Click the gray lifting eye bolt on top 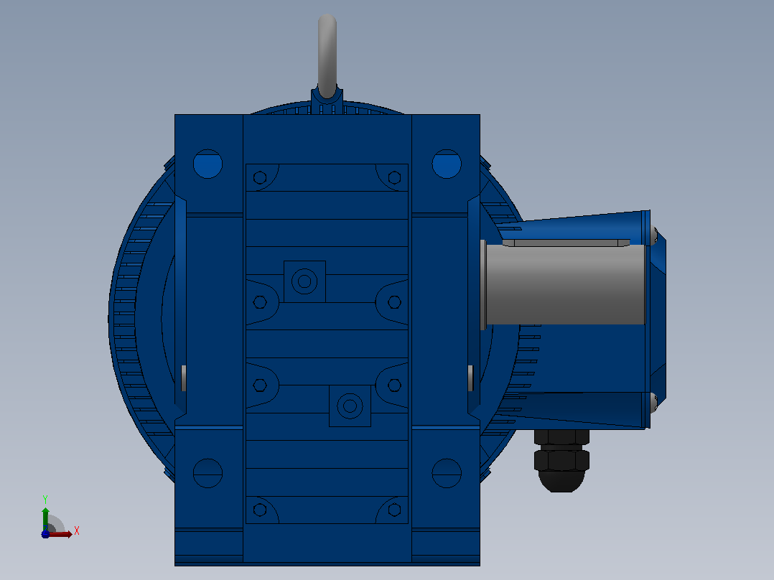coord(327,55)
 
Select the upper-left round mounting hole coord(208,164)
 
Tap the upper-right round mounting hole coord(447,164)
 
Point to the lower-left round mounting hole coord(208,473)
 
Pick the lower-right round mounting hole coord(447,473)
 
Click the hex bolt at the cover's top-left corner coord(260,177)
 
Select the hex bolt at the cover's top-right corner coord(394,177)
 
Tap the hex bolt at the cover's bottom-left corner coord(260,510)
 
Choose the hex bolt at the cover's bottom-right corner coord(394,510)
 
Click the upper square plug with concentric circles coord(304,281)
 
